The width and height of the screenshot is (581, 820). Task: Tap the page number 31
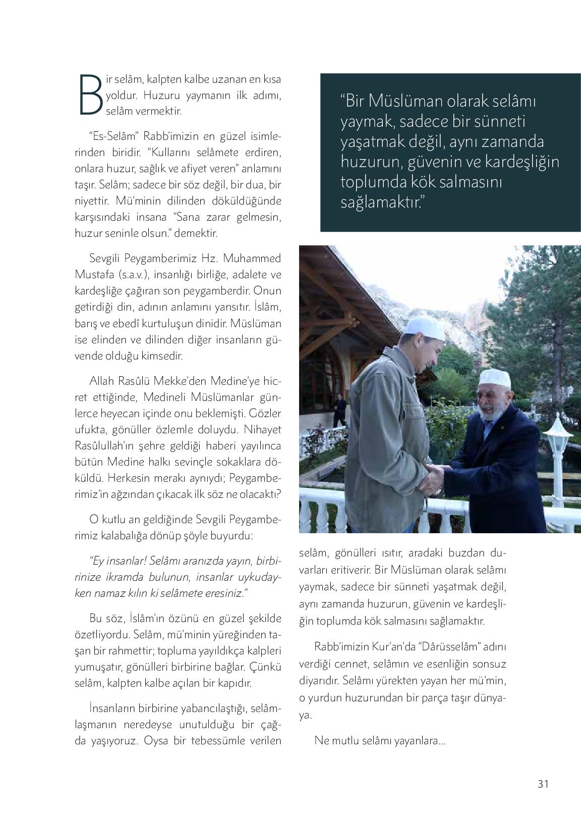pos(543,784)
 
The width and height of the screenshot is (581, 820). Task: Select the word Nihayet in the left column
pos(263,430)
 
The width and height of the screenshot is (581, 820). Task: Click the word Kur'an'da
pos(393,647)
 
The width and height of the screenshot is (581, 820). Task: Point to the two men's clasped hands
pos(434,477)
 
